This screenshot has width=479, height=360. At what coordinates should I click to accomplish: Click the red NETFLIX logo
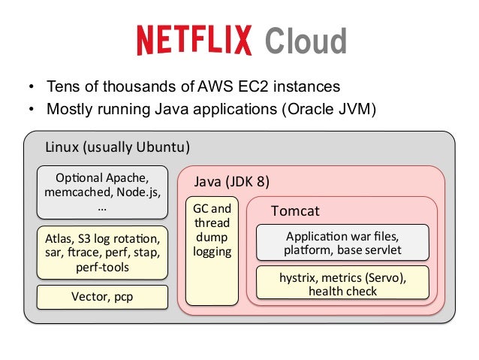point(195,41)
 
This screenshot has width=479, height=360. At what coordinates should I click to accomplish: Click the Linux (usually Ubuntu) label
point(117,145)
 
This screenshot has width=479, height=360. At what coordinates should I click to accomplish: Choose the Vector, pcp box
point(102,296)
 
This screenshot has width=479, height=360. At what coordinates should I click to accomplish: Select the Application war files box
point(342,242)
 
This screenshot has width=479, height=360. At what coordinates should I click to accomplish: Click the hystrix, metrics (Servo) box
point(342,283)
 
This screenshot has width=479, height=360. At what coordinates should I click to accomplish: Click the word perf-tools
point(102,267)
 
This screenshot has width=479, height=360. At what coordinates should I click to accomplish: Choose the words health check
point(342,291)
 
